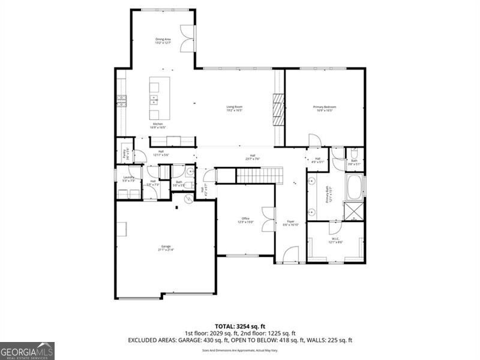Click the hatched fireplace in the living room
(278, 110)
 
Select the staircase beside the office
(258, 175)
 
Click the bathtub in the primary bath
(353, 188)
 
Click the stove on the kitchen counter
(122, 100)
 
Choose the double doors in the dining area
(188, 39)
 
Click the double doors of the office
(268, 220)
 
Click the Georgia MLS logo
(27, 350)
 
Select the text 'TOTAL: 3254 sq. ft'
(239, 326)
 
